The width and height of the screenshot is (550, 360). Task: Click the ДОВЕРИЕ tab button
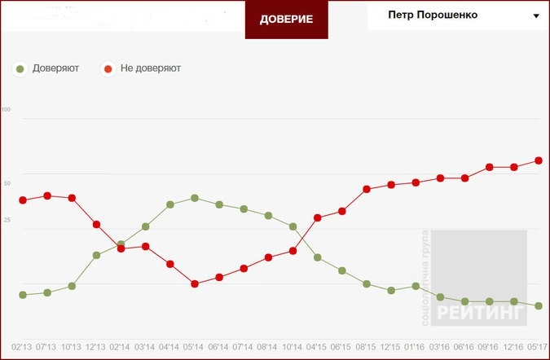click(286, 20)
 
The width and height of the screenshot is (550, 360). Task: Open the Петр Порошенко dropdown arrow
click(536, 16)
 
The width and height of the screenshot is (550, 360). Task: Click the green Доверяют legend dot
click(20, 68)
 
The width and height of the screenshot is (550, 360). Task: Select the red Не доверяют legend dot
click(108, 68)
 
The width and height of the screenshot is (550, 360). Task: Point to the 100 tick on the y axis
click(7, 109)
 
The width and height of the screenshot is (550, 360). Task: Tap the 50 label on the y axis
click(7, 184)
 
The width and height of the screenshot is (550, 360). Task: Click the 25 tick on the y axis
click(7, 221)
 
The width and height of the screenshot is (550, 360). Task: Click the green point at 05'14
click(195, 198)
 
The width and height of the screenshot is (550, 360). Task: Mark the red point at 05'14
click(195, 284)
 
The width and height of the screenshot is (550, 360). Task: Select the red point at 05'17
click(539, 160)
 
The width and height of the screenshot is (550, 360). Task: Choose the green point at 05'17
click(539, 305)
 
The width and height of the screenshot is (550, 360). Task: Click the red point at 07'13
click(47, 195)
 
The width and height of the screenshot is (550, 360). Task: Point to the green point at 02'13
click(23, 295)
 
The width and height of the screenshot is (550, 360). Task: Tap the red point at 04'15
click(318, 217)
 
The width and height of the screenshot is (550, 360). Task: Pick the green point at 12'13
click(96, 255)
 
